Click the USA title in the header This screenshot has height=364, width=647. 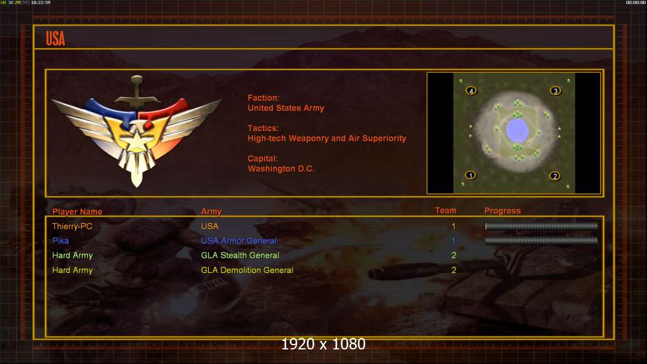click(x=55, y=39)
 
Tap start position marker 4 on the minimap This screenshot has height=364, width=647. click(x=471, y=90)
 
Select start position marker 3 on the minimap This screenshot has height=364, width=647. click(x=555, y=90)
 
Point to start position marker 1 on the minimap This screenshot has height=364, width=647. click(x=470, y=175)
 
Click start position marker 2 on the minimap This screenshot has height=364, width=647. click(x=555, y=176)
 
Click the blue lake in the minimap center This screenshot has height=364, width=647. click(x=518, y=130)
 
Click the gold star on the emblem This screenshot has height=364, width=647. click(x=136, y=141)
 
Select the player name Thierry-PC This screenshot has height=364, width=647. click(x=72, y=226)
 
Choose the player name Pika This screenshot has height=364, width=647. click(x=60, y=241)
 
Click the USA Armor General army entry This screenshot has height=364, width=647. click(x=239, y=241)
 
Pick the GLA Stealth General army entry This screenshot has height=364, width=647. click(x=240, y=255)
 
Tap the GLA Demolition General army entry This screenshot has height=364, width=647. click(x=247, y=271)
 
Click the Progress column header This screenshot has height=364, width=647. click(x=502, y=211)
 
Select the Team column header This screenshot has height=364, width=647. click(x=445, y=211)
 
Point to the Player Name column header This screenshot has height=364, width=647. click(x=77, y=212)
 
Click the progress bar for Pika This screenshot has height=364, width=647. click(x=541, y=240)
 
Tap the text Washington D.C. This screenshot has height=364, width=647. click(x=280, y=169)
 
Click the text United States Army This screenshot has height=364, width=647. click(x=285, y=108)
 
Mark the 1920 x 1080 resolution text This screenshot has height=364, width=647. click(x=323, y=344)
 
